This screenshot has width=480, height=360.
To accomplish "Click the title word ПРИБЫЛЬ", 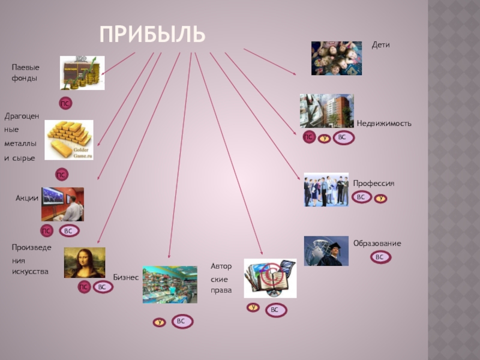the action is pos(152,34).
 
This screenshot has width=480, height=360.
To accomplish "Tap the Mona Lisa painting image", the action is pos(85,263).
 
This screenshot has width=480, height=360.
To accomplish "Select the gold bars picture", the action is pos(70,139).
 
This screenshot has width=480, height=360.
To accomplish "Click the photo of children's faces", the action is pos(336,58).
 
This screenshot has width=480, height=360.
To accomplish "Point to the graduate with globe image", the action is pos(326,251).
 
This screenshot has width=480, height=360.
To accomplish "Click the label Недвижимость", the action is pos(384,123).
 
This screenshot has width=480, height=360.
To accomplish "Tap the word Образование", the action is pos(377,243).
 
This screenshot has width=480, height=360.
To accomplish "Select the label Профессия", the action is pos(373,183).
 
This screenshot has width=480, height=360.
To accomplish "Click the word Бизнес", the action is pos(126,277).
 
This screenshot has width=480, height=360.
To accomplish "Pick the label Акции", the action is pos(27,198).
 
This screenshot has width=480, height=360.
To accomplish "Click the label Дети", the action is pos(381,45).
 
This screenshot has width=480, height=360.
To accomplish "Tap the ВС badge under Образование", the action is pos(379,257).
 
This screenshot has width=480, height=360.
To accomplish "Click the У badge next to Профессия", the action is pos(380,197).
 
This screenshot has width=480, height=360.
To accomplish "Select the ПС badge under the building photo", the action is pos(308,137).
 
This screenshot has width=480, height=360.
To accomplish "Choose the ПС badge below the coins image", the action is pos(64,104).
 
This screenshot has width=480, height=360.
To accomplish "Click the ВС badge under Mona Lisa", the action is pos(102,287).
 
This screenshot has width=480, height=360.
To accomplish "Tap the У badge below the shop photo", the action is pos(160,322).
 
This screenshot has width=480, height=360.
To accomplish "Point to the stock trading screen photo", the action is pos(62,204).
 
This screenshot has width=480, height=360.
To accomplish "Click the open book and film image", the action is pos(270,278).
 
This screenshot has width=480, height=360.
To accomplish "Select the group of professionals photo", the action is pos(326,190).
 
